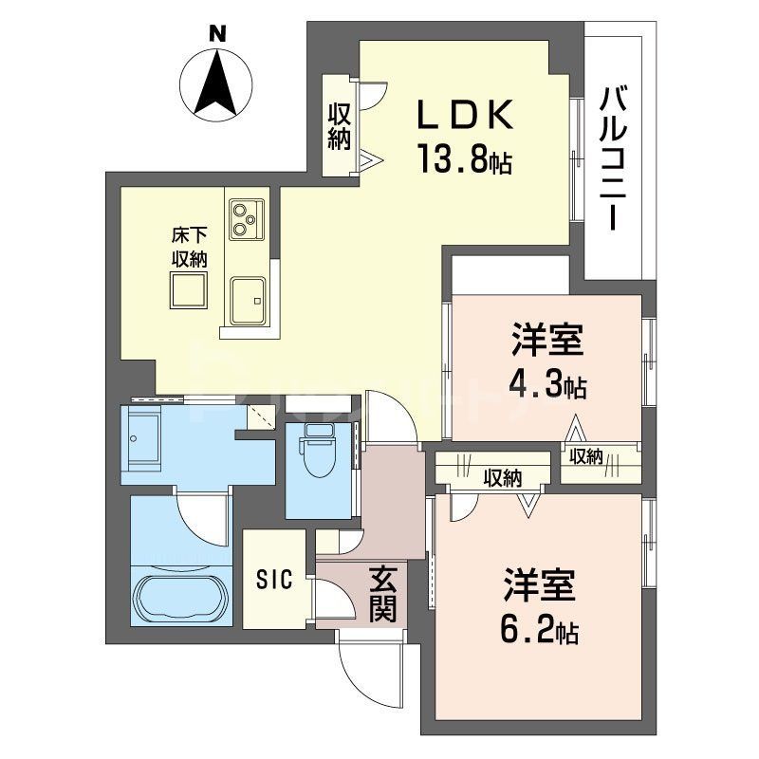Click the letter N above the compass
point(218,34)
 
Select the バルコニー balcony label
point(616,157)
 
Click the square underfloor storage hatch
point(189,290)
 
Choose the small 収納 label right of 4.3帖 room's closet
point(586,456)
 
